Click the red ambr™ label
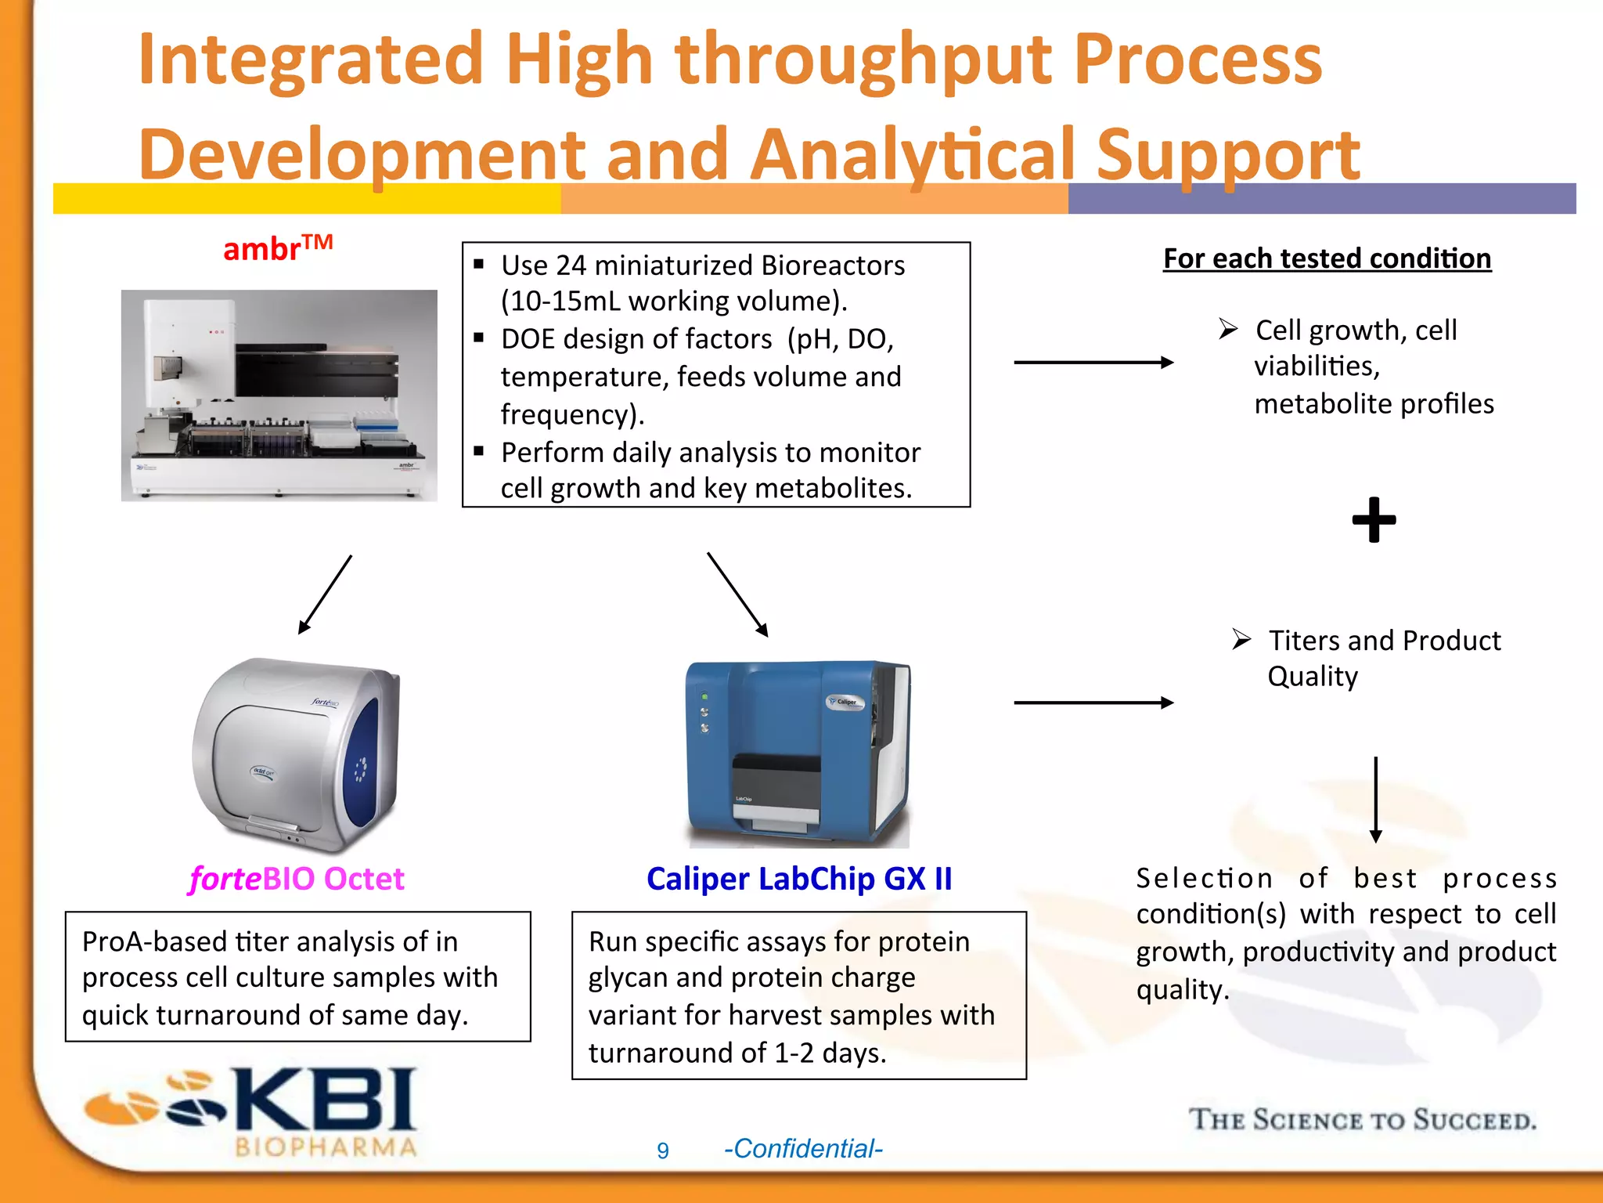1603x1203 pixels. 277,249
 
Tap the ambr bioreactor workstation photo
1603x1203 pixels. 279,396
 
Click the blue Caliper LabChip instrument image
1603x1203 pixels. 798,753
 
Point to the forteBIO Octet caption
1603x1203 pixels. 297,879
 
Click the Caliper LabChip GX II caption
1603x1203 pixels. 799,879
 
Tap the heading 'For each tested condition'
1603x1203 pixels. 1327,258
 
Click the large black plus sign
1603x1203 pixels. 1374,519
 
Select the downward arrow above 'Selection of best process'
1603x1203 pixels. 1375,799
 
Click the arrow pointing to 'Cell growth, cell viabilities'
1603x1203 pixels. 1093,362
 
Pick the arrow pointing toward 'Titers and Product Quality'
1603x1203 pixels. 1093,703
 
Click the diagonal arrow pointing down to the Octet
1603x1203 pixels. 325,594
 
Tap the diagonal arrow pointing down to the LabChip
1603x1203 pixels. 737,594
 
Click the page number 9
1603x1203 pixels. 663,1151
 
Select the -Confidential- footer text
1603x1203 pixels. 803,1149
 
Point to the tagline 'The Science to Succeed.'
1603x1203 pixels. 1362,1119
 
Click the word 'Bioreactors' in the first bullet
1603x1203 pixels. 833,266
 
